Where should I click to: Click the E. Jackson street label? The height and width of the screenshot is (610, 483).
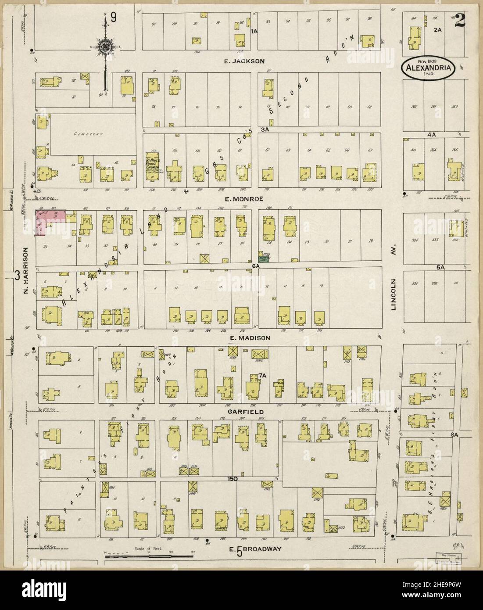[244, 61]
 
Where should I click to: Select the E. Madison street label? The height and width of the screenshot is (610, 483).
[249, 338]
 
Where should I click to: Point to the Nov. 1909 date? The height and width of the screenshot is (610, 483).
[429, 60]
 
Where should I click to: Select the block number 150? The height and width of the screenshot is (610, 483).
[232, 479]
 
